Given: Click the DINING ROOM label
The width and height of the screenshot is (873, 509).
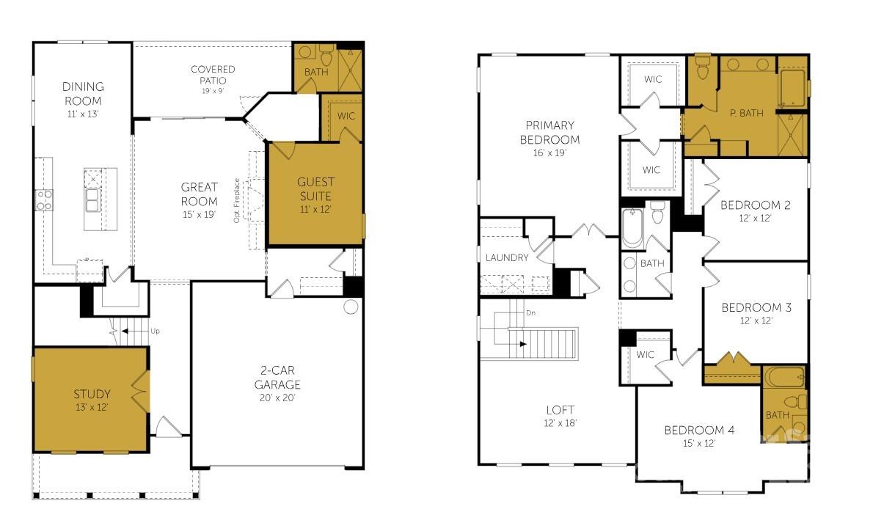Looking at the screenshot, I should coord(82,94).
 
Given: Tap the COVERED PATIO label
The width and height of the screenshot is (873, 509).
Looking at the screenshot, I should coord(213,75).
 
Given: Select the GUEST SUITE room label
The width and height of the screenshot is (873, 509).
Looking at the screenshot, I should coord(315,188).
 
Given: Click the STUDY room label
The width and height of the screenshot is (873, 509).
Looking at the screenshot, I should coord(92,395).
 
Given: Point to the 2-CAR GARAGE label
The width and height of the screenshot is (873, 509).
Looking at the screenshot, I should coord(277,378).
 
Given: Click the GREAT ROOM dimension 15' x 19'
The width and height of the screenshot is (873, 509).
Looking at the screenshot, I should coord(199,214).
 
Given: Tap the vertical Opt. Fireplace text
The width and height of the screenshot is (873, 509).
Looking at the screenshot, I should coord(237,200).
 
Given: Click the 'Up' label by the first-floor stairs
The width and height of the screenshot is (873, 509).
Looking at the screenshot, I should coord(155,332).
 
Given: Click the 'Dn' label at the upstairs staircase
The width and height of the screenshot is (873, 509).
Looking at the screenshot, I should coord(531,313).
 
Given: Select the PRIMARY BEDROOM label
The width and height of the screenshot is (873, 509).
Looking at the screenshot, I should coord(549,133).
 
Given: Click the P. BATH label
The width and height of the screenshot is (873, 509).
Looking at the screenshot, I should coord(746,113).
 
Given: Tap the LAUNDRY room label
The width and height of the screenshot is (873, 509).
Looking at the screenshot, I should coord(507,257).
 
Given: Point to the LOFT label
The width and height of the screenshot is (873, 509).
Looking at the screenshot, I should coord(560,410).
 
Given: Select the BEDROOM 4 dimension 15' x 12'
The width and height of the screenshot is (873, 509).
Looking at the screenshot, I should coord(699,443).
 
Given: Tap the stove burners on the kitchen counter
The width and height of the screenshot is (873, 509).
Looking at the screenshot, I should coord(44,200).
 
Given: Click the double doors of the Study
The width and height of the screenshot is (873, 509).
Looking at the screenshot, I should coord(139,395).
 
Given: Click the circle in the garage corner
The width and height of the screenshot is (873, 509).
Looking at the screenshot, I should coord(351,307).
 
